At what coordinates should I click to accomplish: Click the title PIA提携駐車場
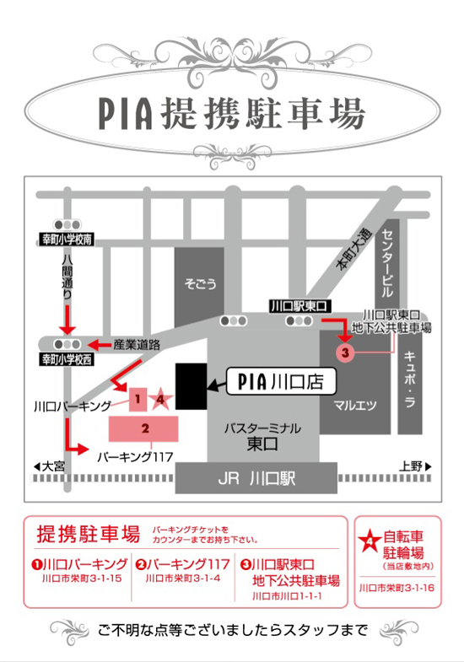232,114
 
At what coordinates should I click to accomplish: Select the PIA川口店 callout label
281,381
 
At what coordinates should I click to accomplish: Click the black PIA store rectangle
192,386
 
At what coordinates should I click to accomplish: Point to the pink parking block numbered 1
138,400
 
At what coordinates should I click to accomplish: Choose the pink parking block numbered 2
143,429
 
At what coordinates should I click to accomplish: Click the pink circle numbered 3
345,353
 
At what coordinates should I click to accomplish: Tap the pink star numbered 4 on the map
160,399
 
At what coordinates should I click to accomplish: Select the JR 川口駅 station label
256,479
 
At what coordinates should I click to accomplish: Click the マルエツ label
354,406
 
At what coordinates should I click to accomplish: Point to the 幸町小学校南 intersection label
67,240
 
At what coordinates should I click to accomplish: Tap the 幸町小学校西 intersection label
67,360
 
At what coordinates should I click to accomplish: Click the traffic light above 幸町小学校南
67,224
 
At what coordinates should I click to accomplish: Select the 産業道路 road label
137,345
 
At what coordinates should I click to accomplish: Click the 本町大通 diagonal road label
354,250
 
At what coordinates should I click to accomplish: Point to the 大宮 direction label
49,466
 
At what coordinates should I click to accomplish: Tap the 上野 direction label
415,466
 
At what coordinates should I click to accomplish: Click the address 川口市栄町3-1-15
82,579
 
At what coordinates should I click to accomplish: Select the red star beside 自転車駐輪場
370,541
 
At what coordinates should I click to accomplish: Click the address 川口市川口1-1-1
287,596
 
